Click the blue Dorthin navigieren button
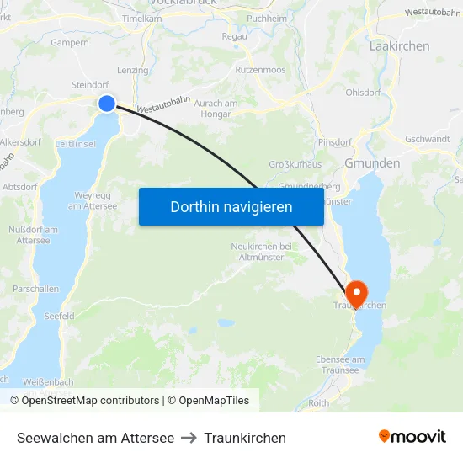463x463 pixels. click(x=231, y=206)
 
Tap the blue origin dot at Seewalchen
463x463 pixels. click(x=107, y=103)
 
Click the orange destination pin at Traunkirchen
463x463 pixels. click(x=356, y=292)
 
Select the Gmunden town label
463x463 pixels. click(x=372, y=163)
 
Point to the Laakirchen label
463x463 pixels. click(x=399, y=46)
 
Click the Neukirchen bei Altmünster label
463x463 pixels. click(x=261, y=252)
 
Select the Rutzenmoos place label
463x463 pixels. click(x=261, y=70)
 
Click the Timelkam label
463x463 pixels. click(x=141, y=18)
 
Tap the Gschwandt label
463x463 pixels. click(x=427, y=139)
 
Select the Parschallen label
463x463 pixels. click(x=35, y=289)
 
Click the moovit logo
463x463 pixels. click(x=412, y=437)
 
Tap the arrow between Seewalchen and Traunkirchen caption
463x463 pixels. click(x=189, y=438)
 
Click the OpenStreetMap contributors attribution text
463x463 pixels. click(x=90, y=401)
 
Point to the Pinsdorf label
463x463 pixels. click(x=335, y=142)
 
